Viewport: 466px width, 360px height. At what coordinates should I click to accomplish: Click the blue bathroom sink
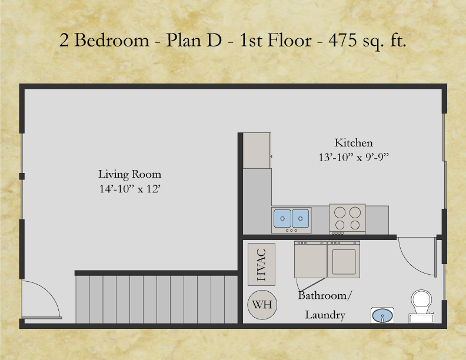point(383,316)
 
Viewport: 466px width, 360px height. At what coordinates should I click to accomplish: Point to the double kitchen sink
point(291,219)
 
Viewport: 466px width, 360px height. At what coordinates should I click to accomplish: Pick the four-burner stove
point(347,219)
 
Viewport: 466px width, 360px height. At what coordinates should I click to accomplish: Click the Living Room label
point(129,175)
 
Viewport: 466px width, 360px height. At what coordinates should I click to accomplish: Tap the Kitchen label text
point(354,143)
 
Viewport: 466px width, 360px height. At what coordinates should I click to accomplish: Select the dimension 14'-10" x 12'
point(129,190)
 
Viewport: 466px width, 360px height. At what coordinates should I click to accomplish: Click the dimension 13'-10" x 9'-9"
point(354,158)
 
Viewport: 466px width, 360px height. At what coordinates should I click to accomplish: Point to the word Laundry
point(325,315)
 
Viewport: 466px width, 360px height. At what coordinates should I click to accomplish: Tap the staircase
point(156,299)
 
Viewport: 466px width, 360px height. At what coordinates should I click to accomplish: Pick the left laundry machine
point(310,259)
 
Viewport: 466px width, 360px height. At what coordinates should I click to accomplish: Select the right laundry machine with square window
point(343,259)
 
